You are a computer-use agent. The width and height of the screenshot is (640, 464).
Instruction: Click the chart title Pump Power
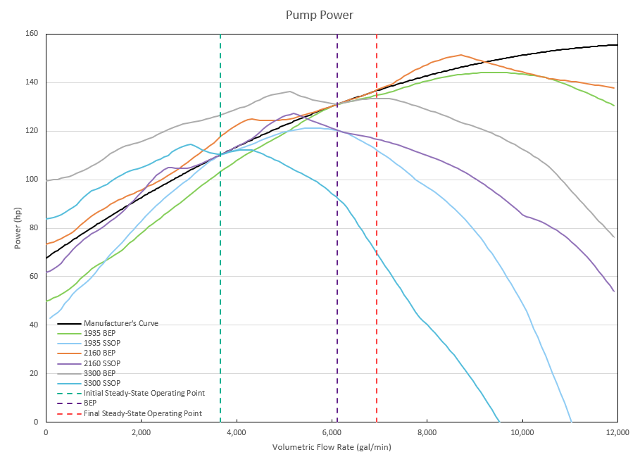(x=320, y=14)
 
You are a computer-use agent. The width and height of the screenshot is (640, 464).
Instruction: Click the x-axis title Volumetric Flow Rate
(x=331, y=447)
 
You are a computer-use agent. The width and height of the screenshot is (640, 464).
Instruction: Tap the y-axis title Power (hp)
(x=17, y=228)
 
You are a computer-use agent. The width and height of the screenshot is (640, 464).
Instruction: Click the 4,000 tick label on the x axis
(x=237, y=432)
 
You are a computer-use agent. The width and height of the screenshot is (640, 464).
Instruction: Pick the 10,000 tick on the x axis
(x=522, y=432)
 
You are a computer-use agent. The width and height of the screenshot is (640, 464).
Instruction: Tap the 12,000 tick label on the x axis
(x=617, y=432)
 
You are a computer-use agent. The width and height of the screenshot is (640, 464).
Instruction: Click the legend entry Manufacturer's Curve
(x=120, y=324)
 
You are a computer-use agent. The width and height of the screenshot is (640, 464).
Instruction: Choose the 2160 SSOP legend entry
(x=101, y=363)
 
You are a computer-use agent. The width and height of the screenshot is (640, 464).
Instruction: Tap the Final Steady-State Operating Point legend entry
(x=152, y=413)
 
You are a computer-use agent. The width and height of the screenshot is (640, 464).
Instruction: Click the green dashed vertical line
(x=220, y=211)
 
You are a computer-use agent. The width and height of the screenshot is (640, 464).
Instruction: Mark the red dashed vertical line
(x=377, y=211)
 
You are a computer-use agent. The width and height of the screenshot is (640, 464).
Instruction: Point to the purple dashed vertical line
(x=337, y=211)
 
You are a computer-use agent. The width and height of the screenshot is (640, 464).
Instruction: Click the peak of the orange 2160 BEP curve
(x=460, y=55)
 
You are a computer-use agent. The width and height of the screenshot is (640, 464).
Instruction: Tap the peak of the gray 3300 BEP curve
(x=289, y=92)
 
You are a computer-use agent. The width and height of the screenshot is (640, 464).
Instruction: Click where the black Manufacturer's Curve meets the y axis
(x=46, y=258)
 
